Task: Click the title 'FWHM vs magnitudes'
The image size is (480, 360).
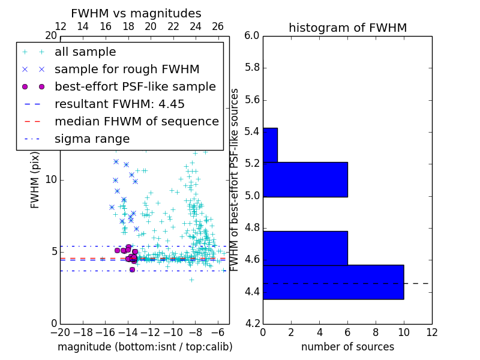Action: click(x=136, y=13)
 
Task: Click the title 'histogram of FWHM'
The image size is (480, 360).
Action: click(x=347, y=28)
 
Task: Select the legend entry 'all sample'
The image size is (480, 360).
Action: click(x=85, y=52)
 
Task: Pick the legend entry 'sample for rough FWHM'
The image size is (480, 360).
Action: click(x=127, y=69)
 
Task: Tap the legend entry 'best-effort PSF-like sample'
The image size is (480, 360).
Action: click(x=135, y=86)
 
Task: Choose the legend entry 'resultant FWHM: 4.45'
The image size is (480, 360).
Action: click(x=119, y=104)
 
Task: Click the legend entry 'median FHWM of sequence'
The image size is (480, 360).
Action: click(x=136, y=121)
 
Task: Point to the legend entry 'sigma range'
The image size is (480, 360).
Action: click(x=92, y=139)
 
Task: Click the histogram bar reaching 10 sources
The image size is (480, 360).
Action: click(x=333, y=281)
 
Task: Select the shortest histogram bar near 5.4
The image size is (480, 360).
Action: click(x=270, y=145)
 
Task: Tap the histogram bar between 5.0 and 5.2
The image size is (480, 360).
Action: click(x=305, y=179)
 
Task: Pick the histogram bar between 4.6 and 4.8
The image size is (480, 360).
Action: click(x=305, y=248)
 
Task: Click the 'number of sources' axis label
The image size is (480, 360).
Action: click(x=347, y=347)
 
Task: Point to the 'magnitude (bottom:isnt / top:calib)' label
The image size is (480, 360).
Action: click(x=145, y=347)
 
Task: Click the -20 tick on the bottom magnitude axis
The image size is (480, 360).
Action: click(x=60, y=332)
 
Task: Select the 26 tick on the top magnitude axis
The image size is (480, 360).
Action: click(x=218, y=26)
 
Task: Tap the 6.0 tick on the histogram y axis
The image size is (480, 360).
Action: click(x=252, y=36)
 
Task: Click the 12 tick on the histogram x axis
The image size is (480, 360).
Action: click(x=431, y=332)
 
